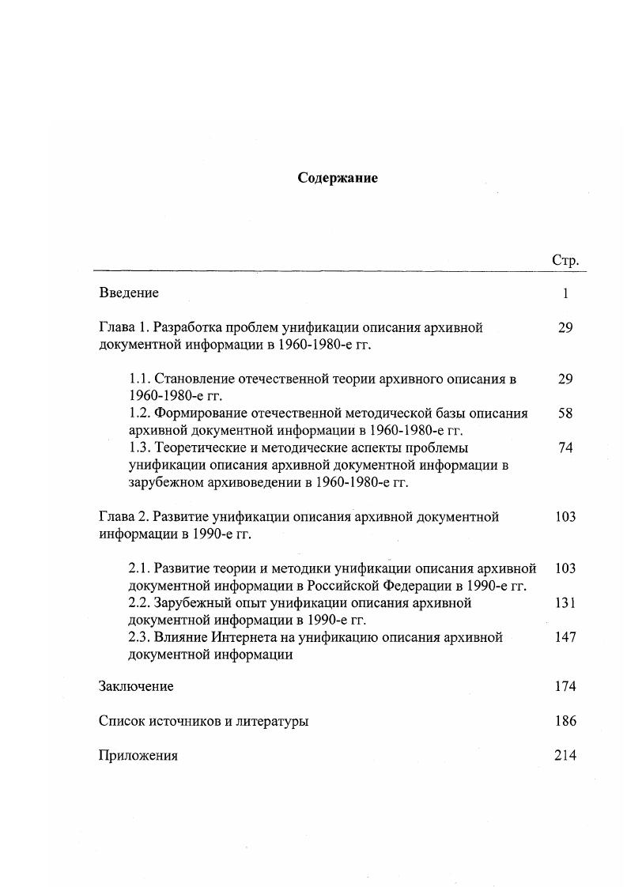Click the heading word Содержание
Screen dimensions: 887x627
(338, 178)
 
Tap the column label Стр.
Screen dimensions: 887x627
(565, 259)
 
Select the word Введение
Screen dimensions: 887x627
(129, 293)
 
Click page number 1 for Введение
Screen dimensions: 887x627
(565, 293)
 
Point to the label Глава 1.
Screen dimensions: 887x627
(124, 327)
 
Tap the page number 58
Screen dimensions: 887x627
(565, 413)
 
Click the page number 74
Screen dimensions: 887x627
(565, 447)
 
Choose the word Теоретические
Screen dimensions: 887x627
(198, 447)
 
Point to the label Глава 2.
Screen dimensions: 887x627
(124, 517)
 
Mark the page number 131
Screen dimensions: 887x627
(565, 602)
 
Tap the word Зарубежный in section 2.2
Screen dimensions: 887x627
(191, 602)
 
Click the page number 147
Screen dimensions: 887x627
(565, 637)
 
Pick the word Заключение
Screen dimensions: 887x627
(136, 686)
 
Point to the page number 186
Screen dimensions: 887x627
(565, 721)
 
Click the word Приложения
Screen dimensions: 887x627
(138, 756)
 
